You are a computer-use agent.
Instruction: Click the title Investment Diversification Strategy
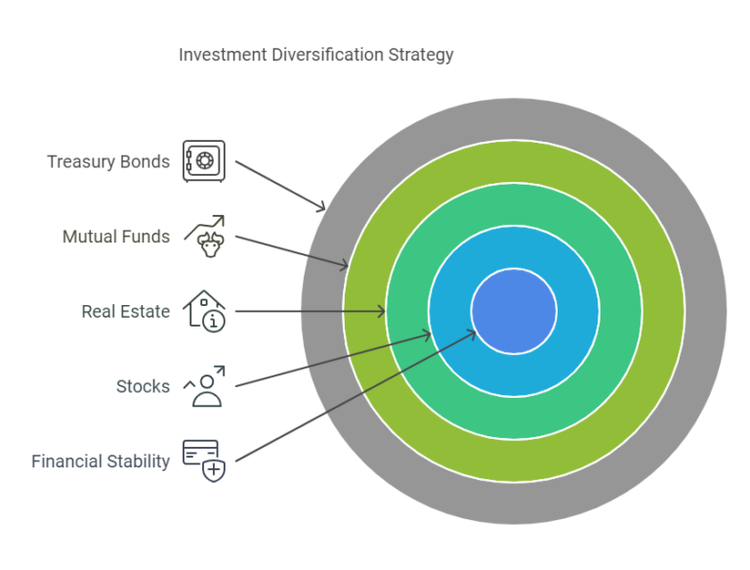pos(315,55)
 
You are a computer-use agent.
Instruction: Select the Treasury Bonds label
pos(107,161)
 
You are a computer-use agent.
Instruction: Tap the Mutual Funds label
pos(115,237)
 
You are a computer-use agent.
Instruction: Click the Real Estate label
pos(125,312)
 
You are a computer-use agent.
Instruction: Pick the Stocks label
pos(143,386)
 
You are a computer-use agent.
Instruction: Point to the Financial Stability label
pos(100,461)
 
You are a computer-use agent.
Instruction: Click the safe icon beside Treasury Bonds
pos(204,161)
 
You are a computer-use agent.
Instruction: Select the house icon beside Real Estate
pos(205,310)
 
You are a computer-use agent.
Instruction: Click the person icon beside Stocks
pos(205,385)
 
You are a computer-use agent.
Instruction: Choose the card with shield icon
pos(204,460)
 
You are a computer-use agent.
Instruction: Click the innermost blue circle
pos(514,312)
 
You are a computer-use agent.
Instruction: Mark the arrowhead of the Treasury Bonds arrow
pos(321,207)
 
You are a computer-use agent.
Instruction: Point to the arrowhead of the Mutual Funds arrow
pos(344,266)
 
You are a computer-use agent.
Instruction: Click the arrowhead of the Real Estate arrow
pos(382,312)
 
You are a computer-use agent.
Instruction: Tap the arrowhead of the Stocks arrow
pos(427,335)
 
